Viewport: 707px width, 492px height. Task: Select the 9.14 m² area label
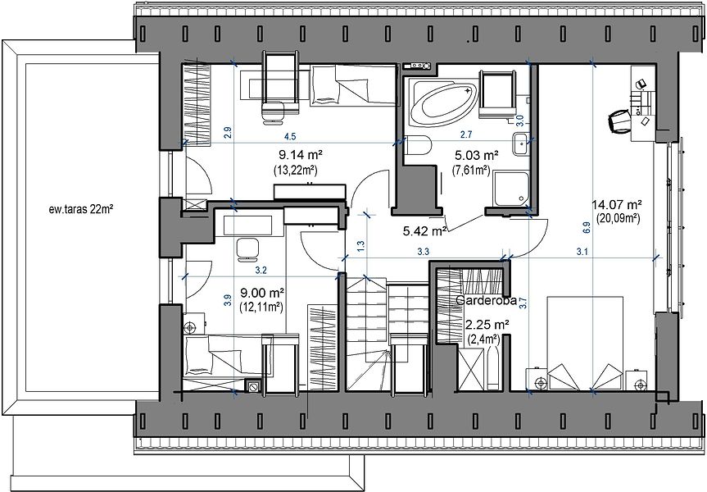point(301,155)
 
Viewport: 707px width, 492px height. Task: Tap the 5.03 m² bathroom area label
point(477,156)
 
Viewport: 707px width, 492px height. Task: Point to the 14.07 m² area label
point(617,205)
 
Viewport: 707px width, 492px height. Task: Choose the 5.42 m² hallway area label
point(424,231)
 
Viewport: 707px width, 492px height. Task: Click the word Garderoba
point(486,301)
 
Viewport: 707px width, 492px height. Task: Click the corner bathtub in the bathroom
point(443,103)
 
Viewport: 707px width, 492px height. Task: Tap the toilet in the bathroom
point(419,145)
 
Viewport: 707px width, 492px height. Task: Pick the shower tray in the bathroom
point(511,188)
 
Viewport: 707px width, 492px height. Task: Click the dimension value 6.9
point(586,227)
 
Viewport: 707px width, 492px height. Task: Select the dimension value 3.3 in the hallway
point(423,252)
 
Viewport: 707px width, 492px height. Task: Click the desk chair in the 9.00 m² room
point(247,249)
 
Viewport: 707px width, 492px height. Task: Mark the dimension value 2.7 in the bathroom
point(466,134)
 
